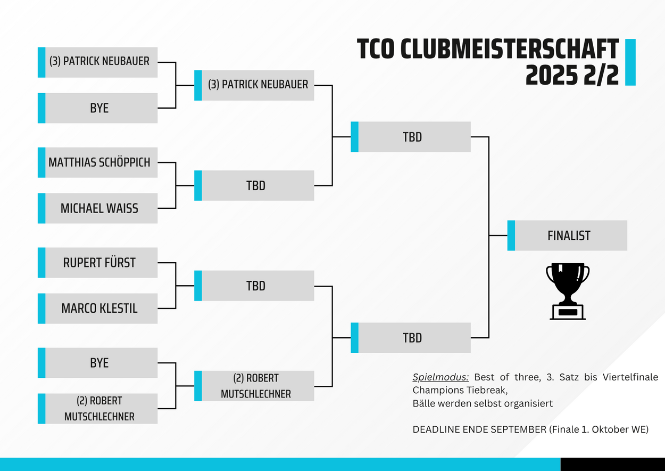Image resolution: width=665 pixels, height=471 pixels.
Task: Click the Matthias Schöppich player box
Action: (98, 163)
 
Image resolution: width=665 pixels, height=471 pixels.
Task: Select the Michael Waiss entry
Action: (98, 208)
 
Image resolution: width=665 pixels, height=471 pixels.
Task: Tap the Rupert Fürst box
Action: (98, 263)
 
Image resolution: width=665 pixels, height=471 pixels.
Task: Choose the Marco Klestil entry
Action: (98, 308)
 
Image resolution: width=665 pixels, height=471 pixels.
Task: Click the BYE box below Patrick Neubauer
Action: (98, 108)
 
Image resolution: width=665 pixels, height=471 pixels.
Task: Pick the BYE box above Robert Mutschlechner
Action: (98, 363)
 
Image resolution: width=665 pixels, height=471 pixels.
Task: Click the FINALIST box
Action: (567, 235)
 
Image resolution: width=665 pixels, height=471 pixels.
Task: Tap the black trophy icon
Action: (568, 291)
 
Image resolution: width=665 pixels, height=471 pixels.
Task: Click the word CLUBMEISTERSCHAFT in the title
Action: (510, 49)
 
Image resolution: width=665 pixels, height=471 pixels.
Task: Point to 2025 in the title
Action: (551, 75)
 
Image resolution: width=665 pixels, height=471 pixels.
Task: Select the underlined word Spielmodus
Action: (440, 377)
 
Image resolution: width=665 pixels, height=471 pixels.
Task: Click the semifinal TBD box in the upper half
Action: (411, 137)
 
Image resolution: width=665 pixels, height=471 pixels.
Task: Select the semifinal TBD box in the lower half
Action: (411, 338)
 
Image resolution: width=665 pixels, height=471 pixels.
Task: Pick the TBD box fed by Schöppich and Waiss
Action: (254, 185)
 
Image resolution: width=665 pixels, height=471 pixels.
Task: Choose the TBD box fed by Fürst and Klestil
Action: (254, 286)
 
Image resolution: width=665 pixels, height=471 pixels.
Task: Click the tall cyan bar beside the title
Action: (630, 62)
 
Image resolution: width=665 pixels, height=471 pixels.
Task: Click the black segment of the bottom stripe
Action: (613, 464)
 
